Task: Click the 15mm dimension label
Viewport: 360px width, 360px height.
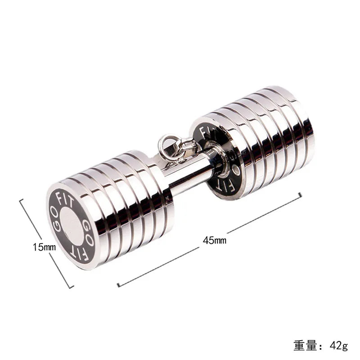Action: click(44, 247)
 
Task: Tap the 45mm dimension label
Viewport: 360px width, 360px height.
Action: click(215, 240)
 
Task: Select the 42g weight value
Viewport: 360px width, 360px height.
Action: click(339, 346)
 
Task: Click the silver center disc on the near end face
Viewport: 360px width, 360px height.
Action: click(72, 226)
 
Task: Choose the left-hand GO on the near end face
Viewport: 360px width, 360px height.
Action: click(56, 222)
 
